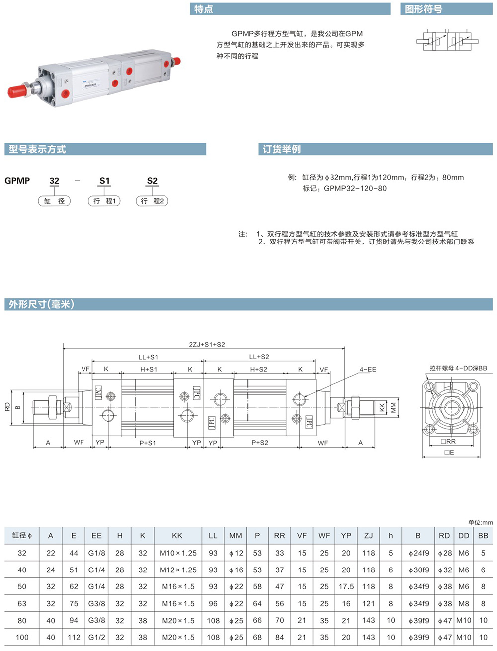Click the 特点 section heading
click(203, 9)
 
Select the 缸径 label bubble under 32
click(54, 201)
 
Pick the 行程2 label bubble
click(152, 201)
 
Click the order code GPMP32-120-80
click(355, 189)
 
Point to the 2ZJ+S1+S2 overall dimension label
click(207, 344)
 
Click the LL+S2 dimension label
click(259, 357)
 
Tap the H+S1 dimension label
click(149, 369)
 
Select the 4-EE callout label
click(368, 369)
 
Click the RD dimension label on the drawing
click(8, 407)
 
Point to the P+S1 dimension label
click(148, 443)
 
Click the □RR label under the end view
click(448, 442)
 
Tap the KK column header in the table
click(177, 536)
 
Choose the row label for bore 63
click(22, 604)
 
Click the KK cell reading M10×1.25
click(178, 553)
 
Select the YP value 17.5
click(346, 586)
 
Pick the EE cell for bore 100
click(97, 637)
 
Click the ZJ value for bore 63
click(368, 604)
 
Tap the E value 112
click(74, 637)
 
